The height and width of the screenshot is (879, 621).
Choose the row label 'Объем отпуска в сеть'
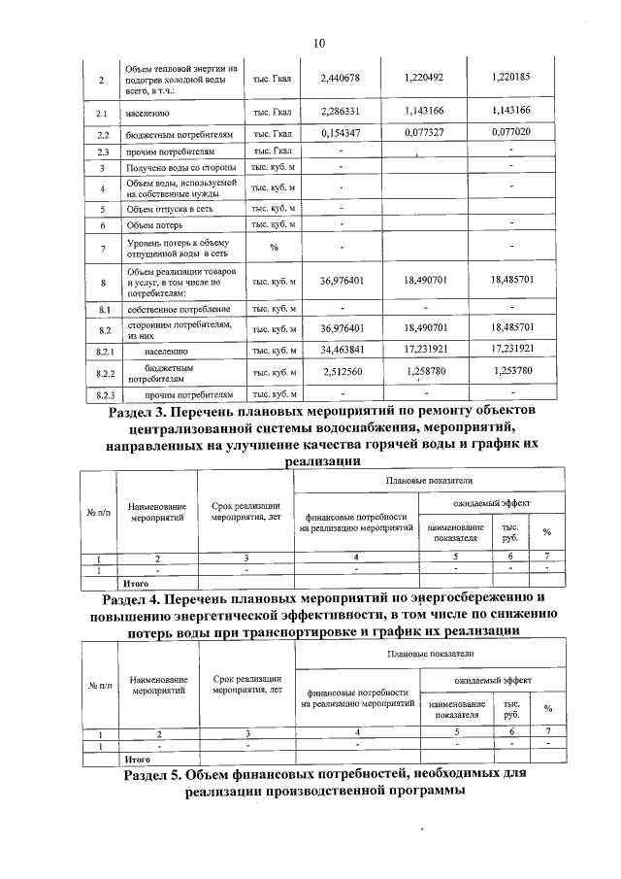tap(169, 209)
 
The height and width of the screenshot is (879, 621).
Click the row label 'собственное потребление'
tap(175, 309)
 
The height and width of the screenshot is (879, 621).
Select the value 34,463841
tap(341, 347)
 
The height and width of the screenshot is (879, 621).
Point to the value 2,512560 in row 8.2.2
tap(341, 372)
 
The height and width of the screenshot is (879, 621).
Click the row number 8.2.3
tap(101, 395)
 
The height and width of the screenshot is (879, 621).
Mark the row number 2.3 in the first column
tap(101, 152)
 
